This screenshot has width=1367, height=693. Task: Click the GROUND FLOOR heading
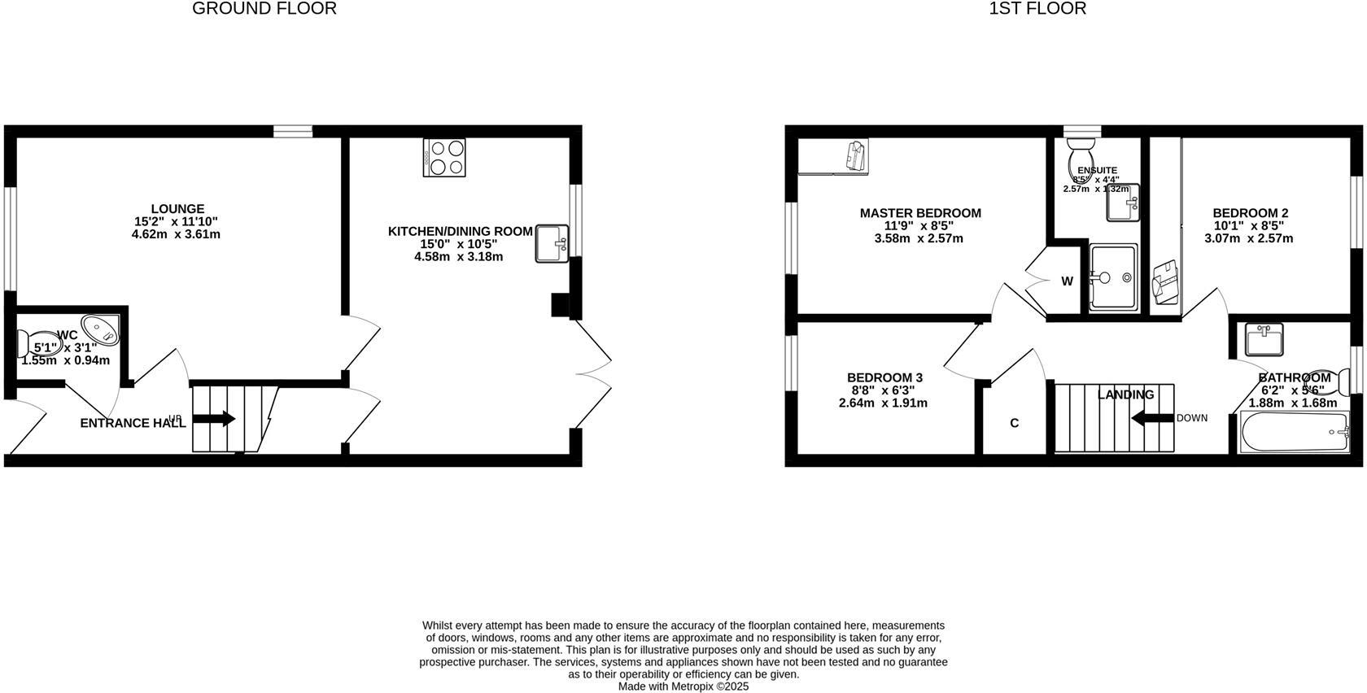click(264, 9)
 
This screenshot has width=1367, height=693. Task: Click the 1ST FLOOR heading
click(1037, 9)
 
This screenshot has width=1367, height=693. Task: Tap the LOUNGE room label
click(177, 209)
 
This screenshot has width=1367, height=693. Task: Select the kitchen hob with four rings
click(444, 157)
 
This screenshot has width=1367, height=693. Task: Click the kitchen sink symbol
click(552, 244)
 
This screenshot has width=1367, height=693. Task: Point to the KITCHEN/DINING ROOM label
click(460, 232)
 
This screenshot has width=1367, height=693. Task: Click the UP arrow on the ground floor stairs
click(214, 420)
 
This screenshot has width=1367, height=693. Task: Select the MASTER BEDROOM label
click(920, 213)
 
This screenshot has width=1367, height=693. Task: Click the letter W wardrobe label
click(1067, 281)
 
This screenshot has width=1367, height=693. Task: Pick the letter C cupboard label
click(1014, 423)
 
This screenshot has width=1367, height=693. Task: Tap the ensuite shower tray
click(1112, 277)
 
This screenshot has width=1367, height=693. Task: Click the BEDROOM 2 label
click(1250, 213)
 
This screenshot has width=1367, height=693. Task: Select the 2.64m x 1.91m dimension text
click(883, 403)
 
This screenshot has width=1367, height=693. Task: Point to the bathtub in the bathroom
click(1295, 432)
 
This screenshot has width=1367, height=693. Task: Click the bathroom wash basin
click(1264, 339)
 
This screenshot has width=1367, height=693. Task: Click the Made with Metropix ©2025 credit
click(683, 686)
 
